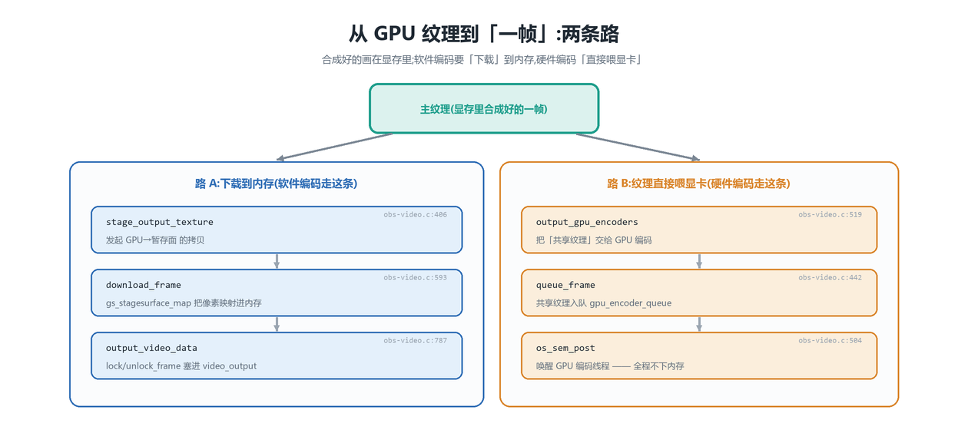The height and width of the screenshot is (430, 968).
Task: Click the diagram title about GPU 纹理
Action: click(484, 34)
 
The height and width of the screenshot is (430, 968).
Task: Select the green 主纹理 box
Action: click(484, 109)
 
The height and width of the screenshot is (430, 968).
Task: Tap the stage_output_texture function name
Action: click(160, 223)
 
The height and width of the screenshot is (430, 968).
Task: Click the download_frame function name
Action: click(144, 285)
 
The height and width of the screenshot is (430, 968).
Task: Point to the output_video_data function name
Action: click(151, 348)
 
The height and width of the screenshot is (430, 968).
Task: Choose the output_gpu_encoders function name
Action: click(587, 223)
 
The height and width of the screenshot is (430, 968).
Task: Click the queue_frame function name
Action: click(565, 285)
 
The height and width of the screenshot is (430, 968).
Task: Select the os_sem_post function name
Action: click(565, 348)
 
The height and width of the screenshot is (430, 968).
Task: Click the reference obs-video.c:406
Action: click(416, 214)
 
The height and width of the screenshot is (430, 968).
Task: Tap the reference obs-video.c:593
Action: click(416, 278)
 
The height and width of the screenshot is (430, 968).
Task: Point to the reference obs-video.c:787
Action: click(416, 341)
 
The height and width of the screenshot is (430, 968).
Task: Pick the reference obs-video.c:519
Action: click(830, 214)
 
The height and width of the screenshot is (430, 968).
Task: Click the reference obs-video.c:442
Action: click(830, 278)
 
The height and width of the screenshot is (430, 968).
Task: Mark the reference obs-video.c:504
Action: click(830, 341)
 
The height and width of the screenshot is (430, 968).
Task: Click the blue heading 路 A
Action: click(276, 184)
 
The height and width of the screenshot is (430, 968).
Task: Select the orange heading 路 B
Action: click(699, 184)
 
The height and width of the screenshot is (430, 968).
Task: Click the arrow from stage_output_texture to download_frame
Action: click(277, 261)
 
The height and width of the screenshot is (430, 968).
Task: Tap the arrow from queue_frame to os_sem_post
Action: click(699, 324)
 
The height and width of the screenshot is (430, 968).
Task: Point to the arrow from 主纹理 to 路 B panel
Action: click(638, 147)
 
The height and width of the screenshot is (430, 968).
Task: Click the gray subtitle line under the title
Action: click(481, 60)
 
